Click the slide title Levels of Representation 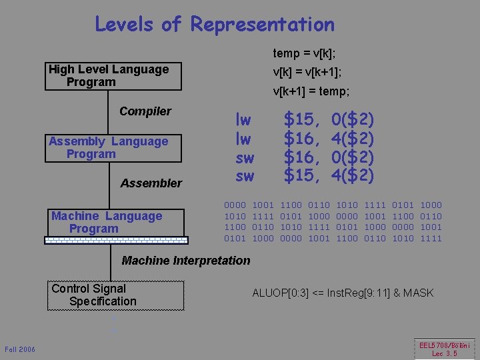tap(215, 25)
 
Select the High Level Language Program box tap(113, 76)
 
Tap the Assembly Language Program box tap(113, 148)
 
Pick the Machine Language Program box tap(114, 223)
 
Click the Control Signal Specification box tap(115, 295)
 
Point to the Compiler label tap(145, 111)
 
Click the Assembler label tap(151, 183)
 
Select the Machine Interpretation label tap(186, 261)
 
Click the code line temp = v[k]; tap(304, 53)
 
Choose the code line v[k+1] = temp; tap(311, 91)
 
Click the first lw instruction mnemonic tap(243, 120)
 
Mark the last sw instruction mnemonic tap(245, 176)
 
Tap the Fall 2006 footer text tap(20, 350)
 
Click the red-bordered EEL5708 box tap(445, 349)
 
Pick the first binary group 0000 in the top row tap(235, 205)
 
